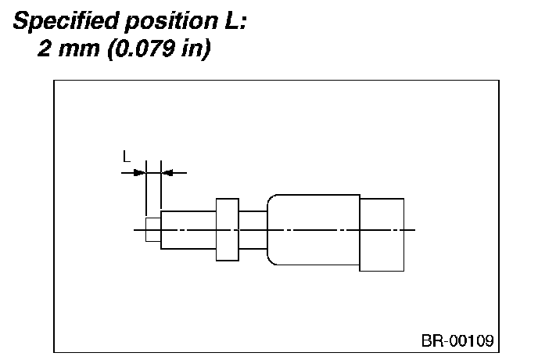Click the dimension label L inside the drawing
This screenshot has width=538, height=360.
127,157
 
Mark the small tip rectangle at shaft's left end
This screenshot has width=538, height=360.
152,230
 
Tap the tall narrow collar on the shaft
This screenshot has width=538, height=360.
227,230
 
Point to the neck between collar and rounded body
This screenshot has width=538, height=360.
253,230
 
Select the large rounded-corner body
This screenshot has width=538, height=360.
313,230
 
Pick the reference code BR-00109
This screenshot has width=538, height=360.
457,341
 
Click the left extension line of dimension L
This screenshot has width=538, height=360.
146,192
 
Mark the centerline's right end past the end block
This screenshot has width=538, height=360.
411,230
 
